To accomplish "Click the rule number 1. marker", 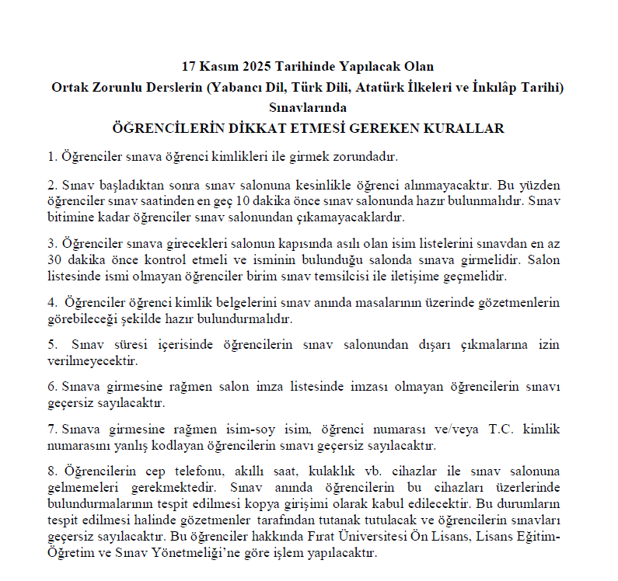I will coord(52,156).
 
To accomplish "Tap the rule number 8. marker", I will coord(52,471).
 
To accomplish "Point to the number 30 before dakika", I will coord(54,259).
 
